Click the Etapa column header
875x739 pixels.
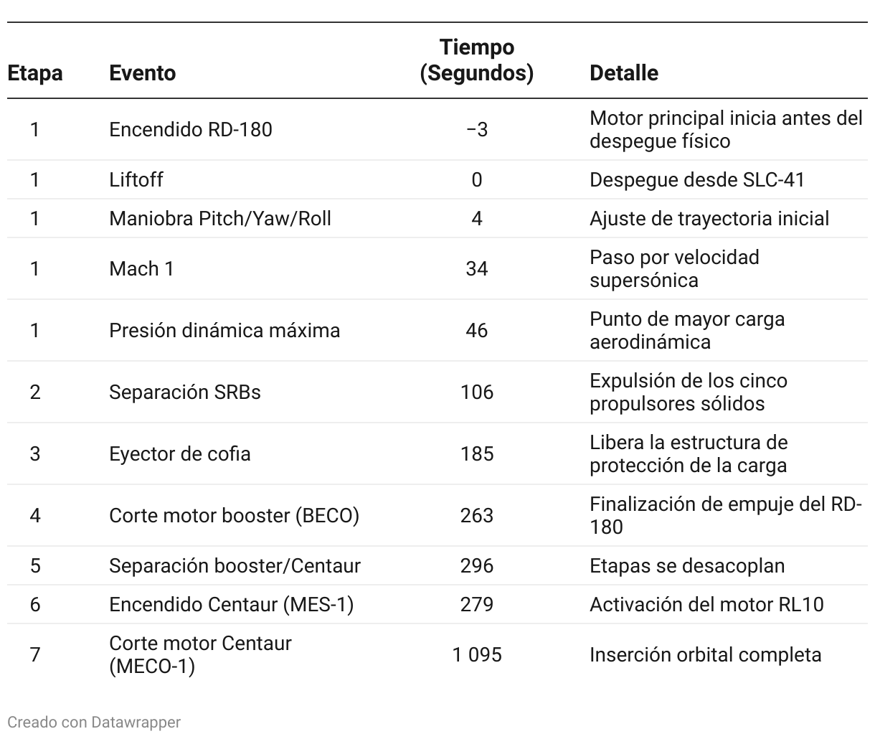tap(34, 73)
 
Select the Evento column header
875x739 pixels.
tap(142, 73)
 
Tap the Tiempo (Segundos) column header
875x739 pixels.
tap(476, 60)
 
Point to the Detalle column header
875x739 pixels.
tap(623, 73)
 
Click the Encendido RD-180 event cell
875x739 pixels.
tap(190, 130)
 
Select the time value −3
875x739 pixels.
tap(476, 130)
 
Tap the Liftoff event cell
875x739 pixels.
tap(136, 179)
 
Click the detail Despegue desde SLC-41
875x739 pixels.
tap(696, 179)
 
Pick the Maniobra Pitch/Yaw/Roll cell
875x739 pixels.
tap(219, 218)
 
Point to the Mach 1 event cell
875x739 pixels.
tap(141, 269)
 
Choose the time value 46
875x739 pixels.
tap(476, 331)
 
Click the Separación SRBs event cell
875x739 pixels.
tap(184, 392)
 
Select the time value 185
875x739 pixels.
tap(476, 454)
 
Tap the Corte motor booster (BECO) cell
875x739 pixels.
tap(234, 516)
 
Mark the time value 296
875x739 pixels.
tap(476, 566)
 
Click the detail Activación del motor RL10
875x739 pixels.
tap(706, 605)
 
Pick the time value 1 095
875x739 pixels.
tap(476, 655)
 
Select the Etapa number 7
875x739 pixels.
tap(34, 655)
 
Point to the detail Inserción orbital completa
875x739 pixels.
tap(705, 655)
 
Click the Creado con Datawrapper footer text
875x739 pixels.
tap(94, 722)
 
